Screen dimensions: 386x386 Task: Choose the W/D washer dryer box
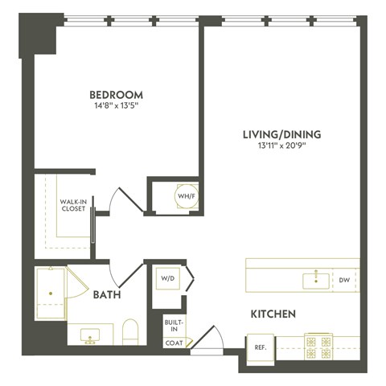(168, 279)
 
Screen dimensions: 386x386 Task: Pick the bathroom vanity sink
(89, 334)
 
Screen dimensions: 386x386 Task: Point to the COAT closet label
(174, 342)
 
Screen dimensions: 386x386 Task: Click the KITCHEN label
(273, 314)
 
